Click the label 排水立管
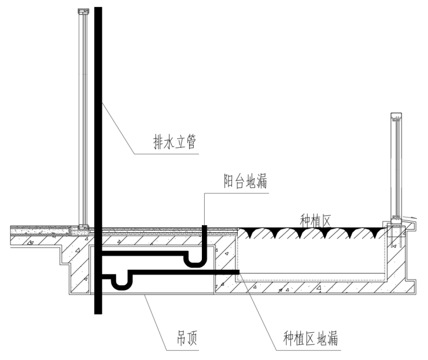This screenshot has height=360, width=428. click(175, 142)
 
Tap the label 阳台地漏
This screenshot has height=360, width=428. click(245, 181)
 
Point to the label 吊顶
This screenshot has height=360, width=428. click(187, 338)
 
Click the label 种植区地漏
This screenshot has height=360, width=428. click(311, 338)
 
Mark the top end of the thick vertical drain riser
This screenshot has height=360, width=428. click(98, 8)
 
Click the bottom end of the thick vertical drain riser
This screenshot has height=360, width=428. click(98, 313)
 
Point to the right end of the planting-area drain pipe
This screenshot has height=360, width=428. click(239, 272)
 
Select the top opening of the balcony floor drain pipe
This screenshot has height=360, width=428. click(204, 226)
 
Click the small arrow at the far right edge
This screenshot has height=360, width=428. click(410, 218)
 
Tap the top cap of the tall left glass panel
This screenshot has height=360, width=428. click(83, 11)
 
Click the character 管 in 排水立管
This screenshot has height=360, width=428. click(191, 142)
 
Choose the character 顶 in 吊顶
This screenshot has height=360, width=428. click(193, 338)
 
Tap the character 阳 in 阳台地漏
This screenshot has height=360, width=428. click(228, 181)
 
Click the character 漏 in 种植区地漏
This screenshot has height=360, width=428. click(333, 338)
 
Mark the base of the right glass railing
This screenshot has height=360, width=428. click(397, 220)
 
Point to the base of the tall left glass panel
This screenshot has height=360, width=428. click(84, 227)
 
